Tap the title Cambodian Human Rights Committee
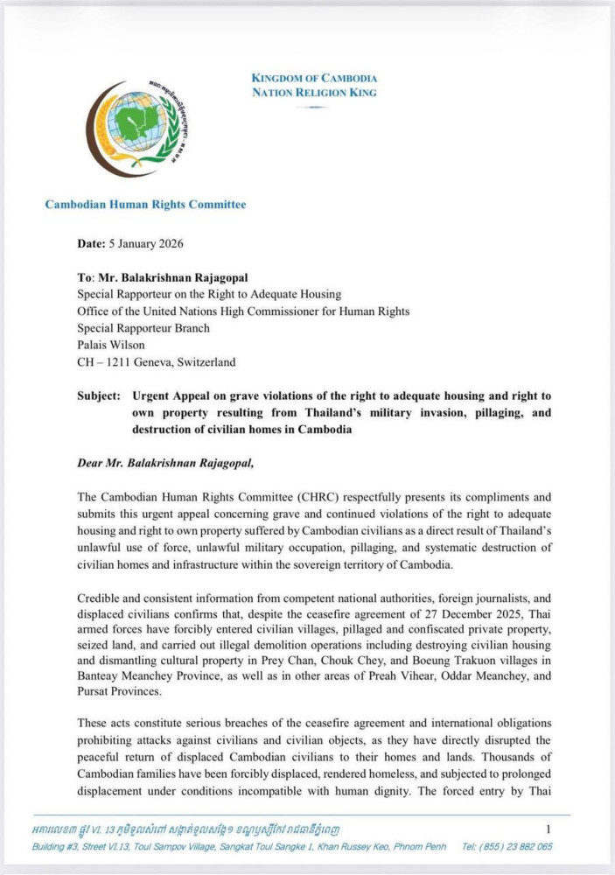145,205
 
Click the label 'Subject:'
97,395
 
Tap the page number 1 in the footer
548,829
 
